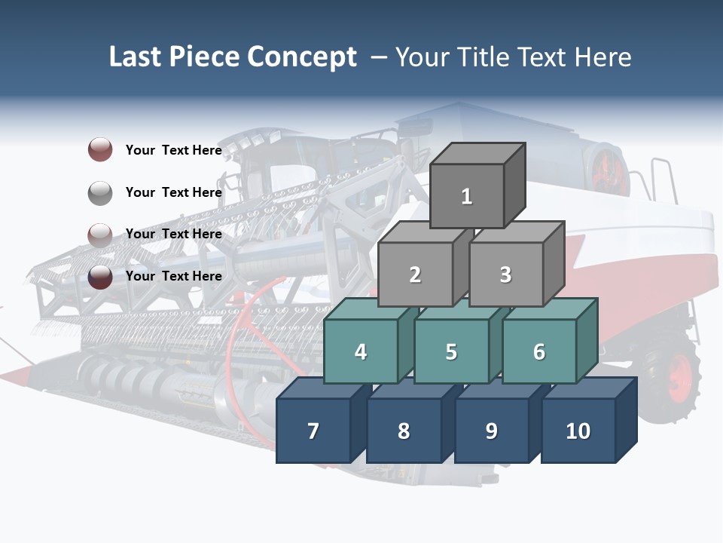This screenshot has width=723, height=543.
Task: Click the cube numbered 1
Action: (x=467, y=196)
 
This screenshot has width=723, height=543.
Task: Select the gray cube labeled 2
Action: (x=415, y=275)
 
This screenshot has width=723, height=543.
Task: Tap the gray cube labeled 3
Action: (x=505, y=275)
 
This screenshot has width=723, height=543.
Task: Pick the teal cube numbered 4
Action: (x=361, y=351)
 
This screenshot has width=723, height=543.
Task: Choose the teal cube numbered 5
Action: (x=451, y=351)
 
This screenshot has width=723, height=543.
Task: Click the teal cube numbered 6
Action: (x=538, y=351)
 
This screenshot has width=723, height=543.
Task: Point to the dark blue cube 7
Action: (x=313, y=431)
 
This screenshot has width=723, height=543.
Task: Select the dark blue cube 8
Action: (x=404, y=431)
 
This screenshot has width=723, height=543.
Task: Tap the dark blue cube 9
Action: (x=491, y=431)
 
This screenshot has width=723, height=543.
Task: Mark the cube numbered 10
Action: (x=578, y=431)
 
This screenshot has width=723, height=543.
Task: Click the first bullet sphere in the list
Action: (x=100, y=150)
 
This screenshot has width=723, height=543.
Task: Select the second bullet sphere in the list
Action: (x=100, y=193)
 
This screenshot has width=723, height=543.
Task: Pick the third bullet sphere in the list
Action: (x=100, y=235)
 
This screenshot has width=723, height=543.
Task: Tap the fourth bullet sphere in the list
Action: (x=100, y=277)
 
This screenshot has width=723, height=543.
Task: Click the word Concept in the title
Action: (x=302, y=57)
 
